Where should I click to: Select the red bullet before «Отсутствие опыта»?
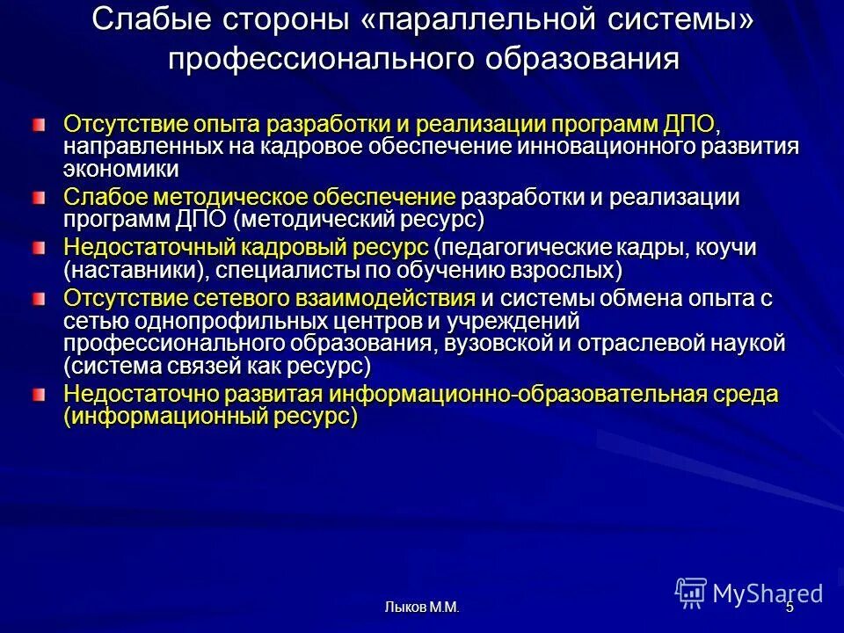coord(39,123)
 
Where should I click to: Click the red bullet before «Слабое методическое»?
coord(39,199)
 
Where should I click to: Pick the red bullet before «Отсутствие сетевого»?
coord(39,299)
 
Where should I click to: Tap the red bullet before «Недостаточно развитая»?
coord(39,395)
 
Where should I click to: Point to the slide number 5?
coord(789,606)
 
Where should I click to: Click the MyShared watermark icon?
coord(691,593)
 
